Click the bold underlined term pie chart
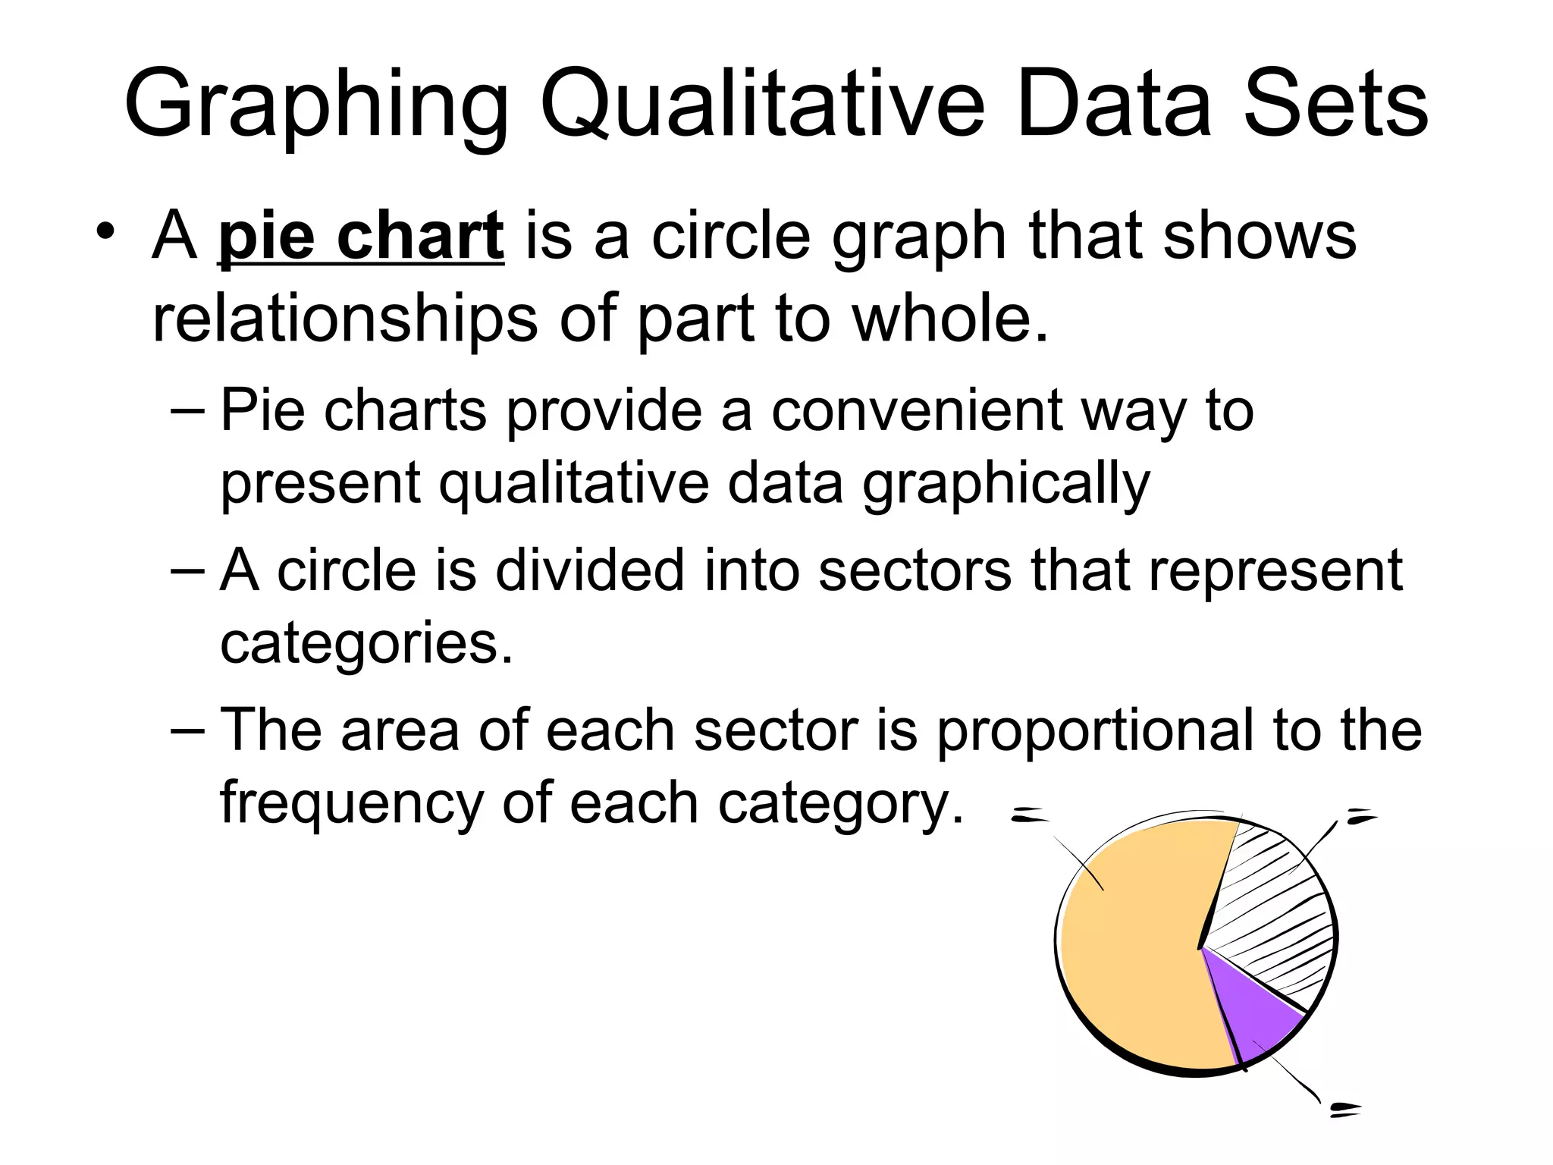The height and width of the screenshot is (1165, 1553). coord(361,237)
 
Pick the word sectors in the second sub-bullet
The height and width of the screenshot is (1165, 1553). coord(915,570)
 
